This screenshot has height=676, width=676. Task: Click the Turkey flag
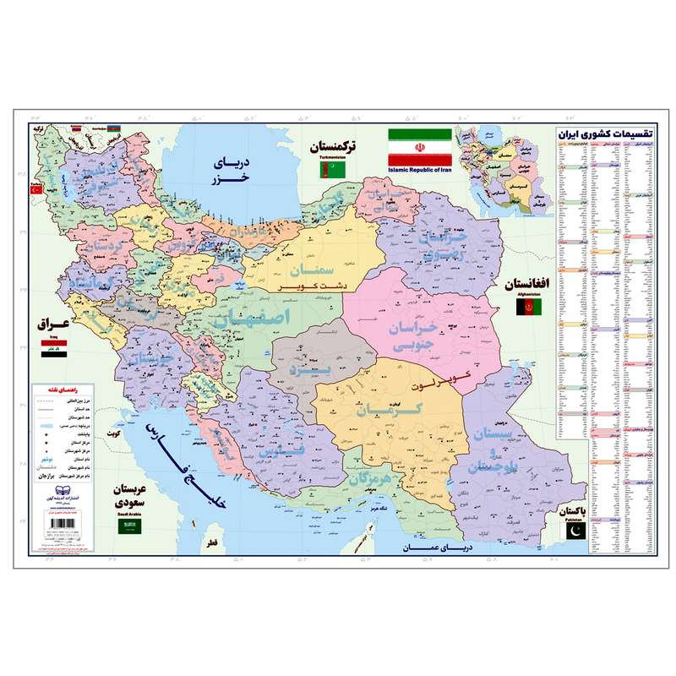pyautogui.click(x=36, y=191)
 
